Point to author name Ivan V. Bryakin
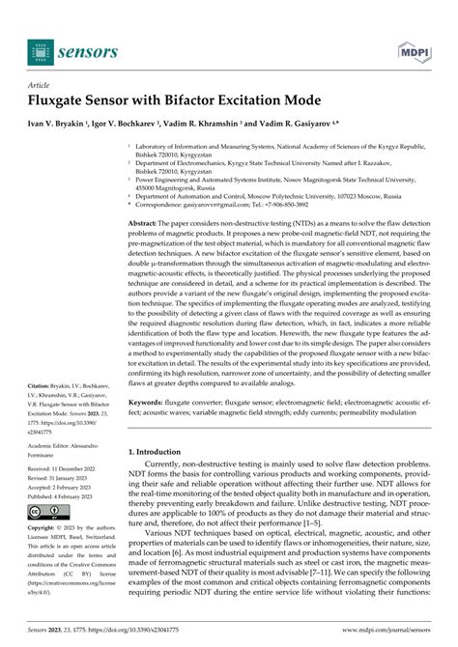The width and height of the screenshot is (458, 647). point(57,126)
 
